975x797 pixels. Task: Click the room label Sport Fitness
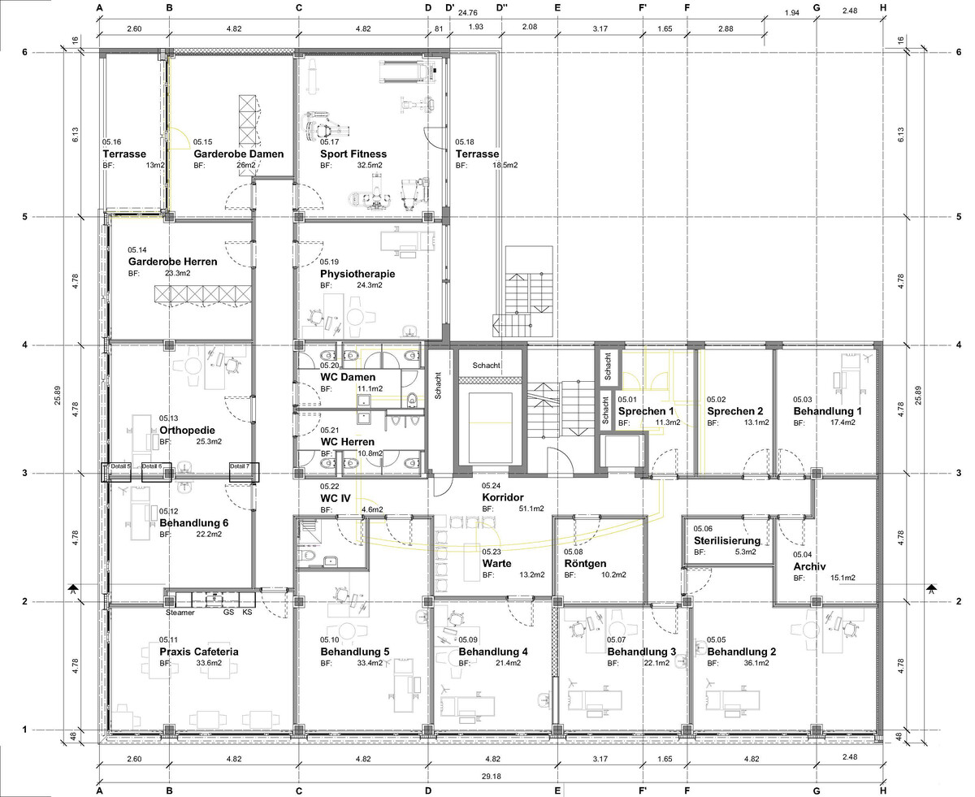pyautogui.click(x=353, y=154)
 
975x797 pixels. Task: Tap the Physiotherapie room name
pyautogui.click(x=357, y=274)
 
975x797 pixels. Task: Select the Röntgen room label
pyautogui.click(x=585, y=564)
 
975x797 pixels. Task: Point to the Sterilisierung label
pyautogui.click(x=726, y=540)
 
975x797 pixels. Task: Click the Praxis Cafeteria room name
pyautogui.click(x=199, y=652)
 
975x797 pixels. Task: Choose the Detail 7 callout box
pyautogui.click(x=244, y=472)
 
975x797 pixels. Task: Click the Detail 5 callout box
pyautogui.click(x=116, y=472)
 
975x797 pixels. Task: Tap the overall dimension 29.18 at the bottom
pyautogui.click(x=491, y=776)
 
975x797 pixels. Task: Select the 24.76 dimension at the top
pyautogui.click(x=467, y=13)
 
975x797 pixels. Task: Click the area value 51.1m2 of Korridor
pyautogui.click(x=531, y=509)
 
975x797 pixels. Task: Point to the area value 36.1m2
pyautogui.click(x=756, y=663)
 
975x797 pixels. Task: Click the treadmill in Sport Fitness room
pyautogui.click(x=407, y=72)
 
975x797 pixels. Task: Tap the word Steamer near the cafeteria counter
pyautogui.click(x=180, y=613)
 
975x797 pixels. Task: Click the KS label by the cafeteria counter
pyautogui.click(x=247, y=612)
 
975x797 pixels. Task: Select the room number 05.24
pyautogui.click(x=491, y=485)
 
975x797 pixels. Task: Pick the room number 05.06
pyautogui.click(x=703, y=528)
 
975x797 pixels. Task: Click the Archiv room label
pyautogui.click(x=809, y=566)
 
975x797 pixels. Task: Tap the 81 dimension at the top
pyautogui.click(x=438, y=28)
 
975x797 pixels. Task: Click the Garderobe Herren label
pyautogui.click(x=172, y=262)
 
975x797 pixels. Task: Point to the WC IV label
pyautogui.click(x=336, y=498)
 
